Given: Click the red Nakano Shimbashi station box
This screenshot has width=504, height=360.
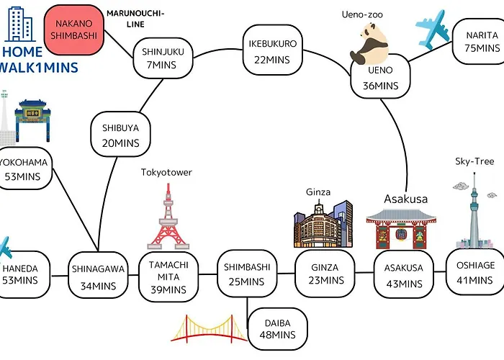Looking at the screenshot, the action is (74, 30).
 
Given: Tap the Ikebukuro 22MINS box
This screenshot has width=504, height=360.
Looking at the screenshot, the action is (273, 50).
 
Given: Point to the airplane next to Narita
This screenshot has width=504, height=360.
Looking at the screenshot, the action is (432, 30).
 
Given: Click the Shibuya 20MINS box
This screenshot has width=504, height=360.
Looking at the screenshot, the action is (120, 134).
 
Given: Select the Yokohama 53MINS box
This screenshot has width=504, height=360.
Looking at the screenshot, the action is (24, 168).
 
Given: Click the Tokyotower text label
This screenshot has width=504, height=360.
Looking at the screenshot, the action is (166, 172).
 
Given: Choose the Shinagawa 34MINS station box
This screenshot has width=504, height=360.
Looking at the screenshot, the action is (98, 275).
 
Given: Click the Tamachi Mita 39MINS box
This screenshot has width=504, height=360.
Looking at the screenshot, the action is (168, 276).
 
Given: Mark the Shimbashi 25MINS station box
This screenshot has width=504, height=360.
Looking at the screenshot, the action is (247, 274).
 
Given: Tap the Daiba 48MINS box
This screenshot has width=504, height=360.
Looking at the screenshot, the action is (278, 329).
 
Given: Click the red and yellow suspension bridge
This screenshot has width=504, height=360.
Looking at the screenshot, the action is (210, 328).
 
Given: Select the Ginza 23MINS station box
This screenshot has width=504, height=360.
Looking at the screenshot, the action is (325, 274).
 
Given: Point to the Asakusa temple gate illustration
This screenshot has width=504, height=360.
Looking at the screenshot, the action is (401, 229).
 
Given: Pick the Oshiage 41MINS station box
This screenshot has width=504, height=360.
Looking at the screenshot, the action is (475, 272).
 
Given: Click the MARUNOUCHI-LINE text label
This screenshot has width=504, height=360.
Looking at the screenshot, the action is (135, 19).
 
